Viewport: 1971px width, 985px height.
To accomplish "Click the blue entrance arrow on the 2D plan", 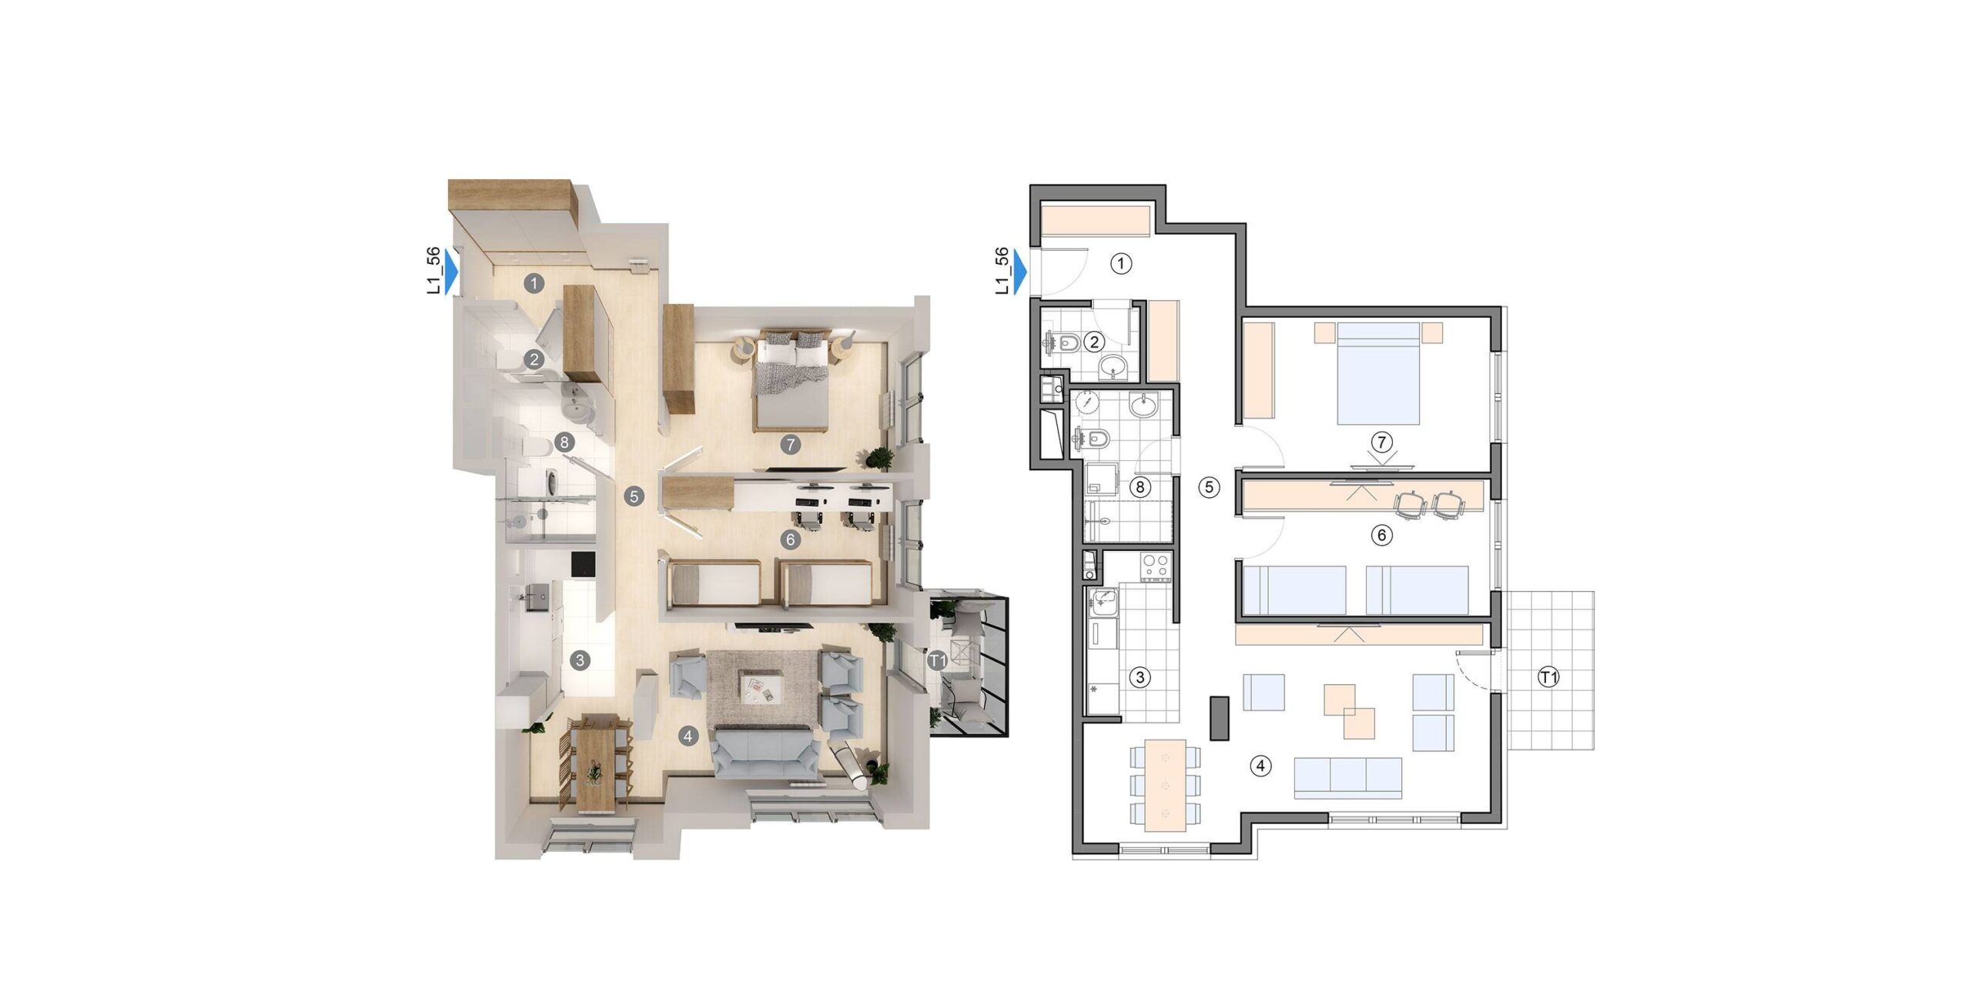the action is pyautogui.click(x=1021, y=272).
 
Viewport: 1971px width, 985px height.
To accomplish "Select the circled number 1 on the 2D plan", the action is pyautogui.click(x=1121, y=264).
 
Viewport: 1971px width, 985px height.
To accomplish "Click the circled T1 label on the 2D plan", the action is pyautogui.click(x=1548, y=678).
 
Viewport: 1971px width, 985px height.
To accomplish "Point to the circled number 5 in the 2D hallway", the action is pyautogui.click(x=1209, y=487).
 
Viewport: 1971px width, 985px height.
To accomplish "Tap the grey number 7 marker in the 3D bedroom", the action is pyautogui.click(x=789, y=444).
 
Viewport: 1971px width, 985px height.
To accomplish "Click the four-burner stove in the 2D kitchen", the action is pyautogui.click(x=1155, y=567).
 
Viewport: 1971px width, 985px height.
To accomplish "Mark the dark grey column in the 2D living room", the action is pyautogui.click(x=1219, y=718).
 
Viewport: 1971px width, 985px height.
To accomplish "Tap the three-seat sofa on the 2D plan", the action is pyautogui.click(x=1348, y=778).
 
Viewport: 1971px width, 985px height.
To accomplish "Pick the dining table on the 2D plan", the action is pyautogui.click(x=1165, y=786).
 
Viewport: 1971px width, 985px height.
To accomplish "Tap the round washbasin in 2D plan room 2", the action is pyautogui.click(x=1112, y=368).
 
